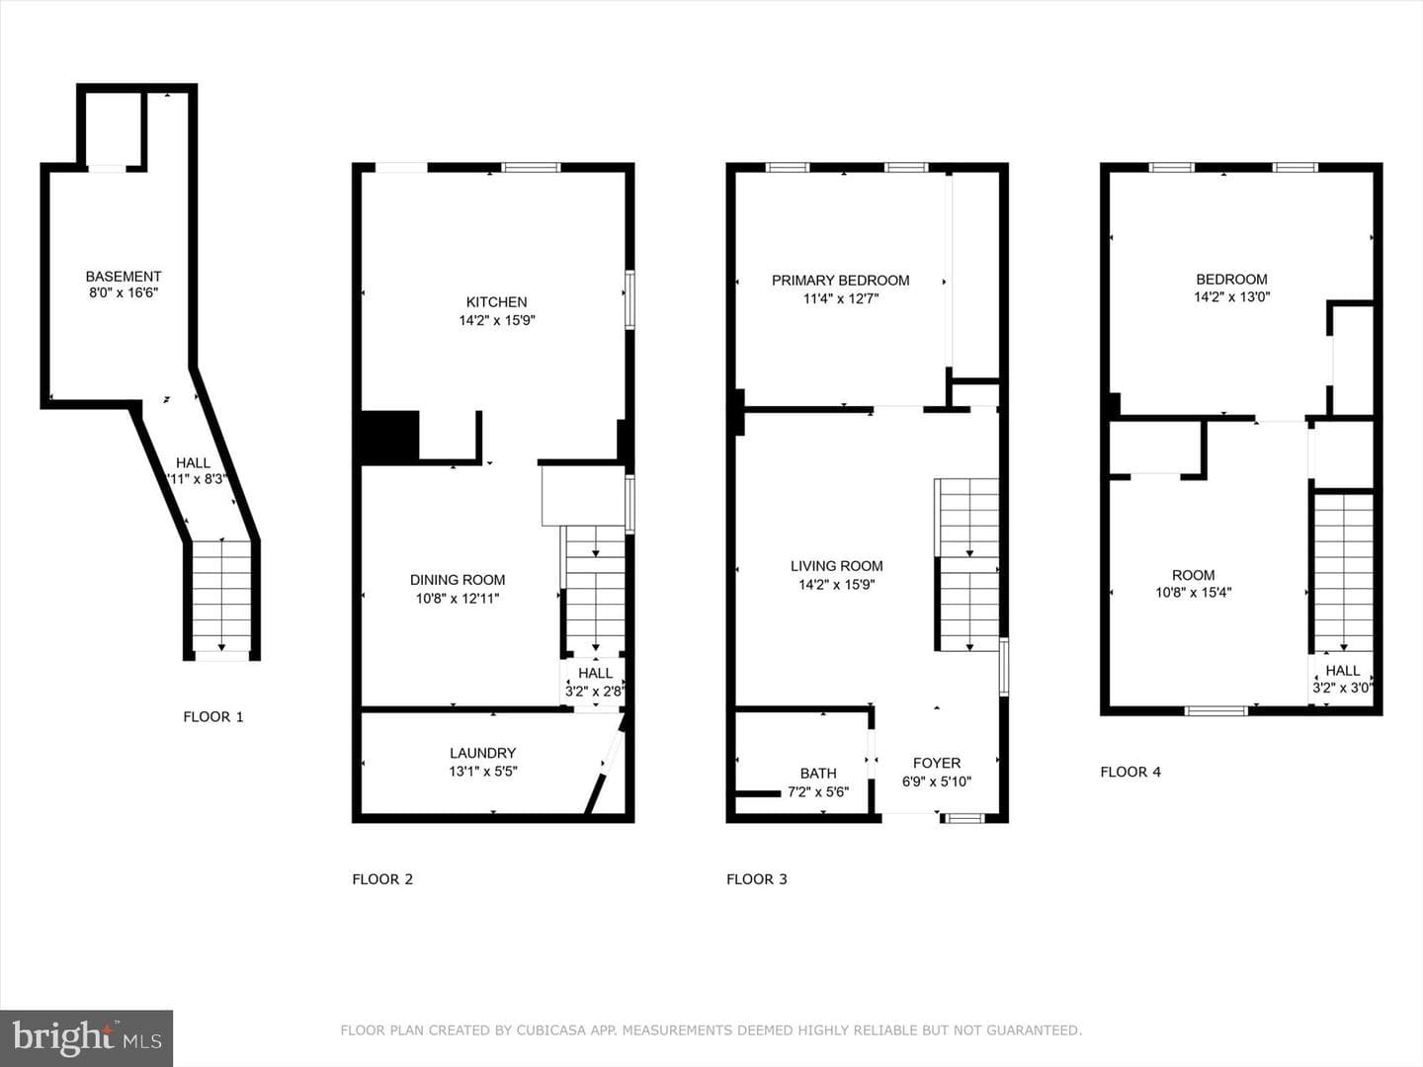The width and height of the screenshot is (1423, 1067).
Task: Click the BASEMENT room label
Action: [124, 277]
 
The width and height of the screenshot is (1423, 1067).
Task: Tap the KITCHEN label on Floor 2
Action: [497, 302]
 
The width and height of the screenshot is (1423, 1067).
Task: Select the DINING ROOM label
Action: [458, 580]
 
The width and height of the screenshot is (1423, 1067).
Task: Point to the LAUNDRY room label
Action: [483, 753]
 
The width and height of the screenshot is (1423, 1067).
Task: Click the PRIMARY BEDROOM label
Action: [840, 281]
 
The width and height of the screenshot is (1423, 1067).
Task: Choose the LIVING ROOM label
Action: [836, 566]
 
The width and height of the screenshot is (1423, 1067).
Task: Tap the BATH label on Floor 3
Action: [818, 774]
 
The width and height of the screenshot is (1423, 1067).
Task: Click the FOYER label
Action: [937, 763]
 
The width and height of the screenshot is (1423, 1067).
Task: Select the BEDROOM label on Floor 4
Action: [1231, 280]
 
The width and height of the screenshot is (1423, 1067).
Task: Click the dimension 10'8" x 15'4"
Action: [1194, 592]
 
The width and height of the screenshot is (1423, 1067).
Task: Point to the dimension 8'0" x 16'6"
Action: [124, 292]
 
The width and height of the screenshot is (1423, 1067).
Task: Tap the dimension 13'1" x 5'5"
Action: [483, 771]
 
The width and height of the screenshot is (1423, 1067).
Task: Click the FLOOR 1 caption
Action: [213, 716]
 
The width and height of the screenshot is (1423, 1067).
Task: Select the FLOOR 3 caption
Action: [757, 879]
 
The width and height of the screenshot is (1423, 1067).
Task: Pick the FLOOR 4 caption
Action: [1130, 772]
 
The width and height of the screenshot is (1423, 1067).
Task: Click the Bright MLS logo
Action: [86, 1038]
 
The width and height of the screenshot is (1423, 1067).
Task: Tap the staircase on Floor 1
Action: [221, 596]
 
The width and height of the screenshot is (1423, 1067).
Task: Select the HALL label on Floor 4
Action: [1343, 671]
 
